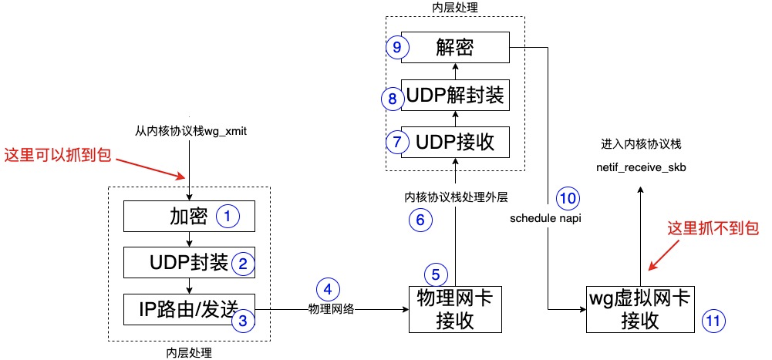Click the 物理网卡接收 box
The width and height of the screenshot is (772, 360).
(x=455, y=309)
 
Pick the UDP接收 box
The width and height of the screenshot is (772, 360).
(x=455, y=143)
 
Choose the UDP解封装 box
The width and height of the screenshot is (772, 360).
(x=455, y=96)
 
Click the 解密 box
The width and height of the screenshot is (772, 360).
(x=455, y=49)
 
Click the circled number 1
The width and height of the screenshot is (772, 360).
(x=228, y=217)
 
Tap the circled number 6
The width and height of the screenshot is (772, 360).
(x=420, y=220)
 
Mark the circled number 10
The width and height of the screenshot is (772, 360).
(x=567, y=198)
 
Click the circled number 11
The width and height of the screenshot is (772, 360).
(x=714, y=321)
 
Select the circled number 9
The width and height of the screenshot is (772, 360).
(x=396, y=48)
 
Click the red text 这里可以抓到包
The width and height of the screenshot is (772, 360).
(x=59, y=155)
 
